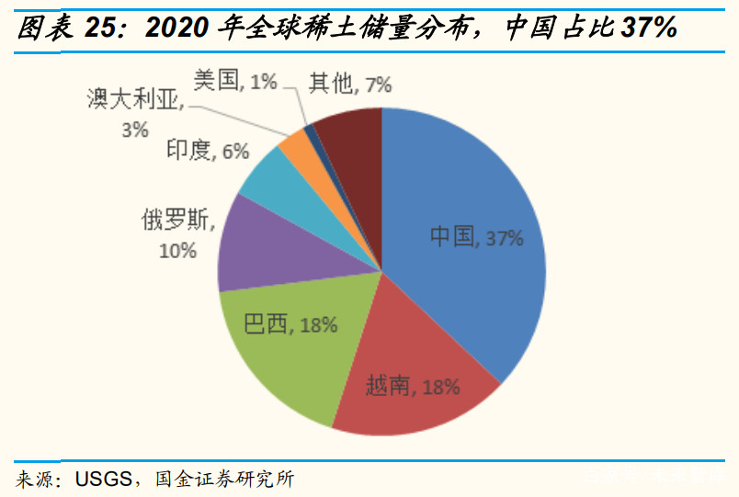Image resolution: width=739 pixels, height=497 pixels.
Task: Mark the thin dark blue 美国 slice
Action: coord(312,134)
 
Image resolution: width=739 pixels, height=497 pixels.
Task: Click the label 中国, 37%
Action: coord(476,238)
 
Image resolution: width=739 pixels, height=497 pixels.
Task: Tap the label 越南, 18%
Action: coord(413,387)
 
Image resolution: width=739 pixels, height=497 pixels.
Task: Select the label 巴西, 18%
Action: coord(290,323)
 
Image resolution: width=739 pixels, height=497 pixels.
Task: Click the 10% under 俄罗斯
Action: coord(177,249)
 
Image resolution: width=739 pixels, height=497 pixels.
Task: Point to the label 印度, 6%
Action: coord(208,152)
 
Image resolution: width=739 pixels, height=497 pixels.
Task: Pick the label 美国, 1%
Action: coord(235,81)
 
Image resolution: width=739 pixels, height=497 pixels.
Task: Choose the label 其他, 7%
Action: coord(350,85)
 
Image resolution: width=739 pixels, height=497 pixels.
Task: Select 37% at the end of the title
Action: coord(649,28)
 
